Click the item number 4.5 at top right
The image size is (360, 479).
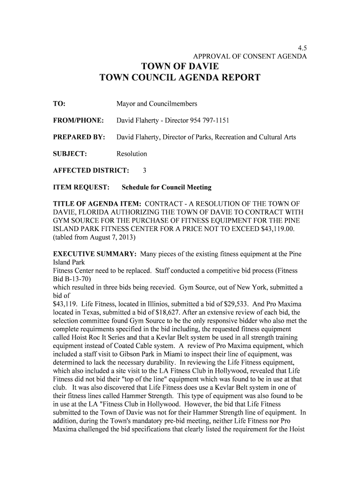pos(302,48)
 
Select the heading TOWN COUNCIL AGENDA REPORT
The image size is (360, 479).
pos(180,78)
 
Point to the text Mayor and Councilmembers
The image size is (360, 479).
pos(157,103)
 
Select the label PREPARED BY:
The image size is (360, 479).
pos(79,137)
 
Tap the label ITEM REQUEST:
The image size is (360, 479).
pos(81,187)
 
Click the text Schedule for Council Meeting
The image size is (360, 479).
pos(166,187)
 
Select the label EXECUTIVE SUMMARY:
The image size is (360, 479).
pos(95,254)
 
